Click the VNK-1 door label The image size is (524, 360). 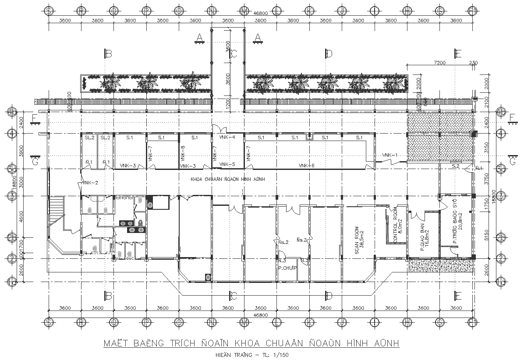[x=389, y=155]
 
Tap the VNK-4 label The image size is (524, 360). [x=227, y=138]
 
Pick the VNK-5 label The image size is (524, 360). [x=227, y=165]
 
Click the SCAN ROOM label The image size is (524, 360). [x=357, y=240]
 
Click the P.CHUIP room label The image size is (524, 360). [x=287, y=268]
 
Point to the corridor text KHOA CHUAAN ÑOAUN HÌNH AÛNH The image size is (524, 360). [x=227, y=180]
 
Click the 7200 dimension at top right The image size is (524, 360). [x=439, y=63]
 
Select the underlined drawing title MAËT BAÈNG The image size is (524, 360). [x=251, y=343]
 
